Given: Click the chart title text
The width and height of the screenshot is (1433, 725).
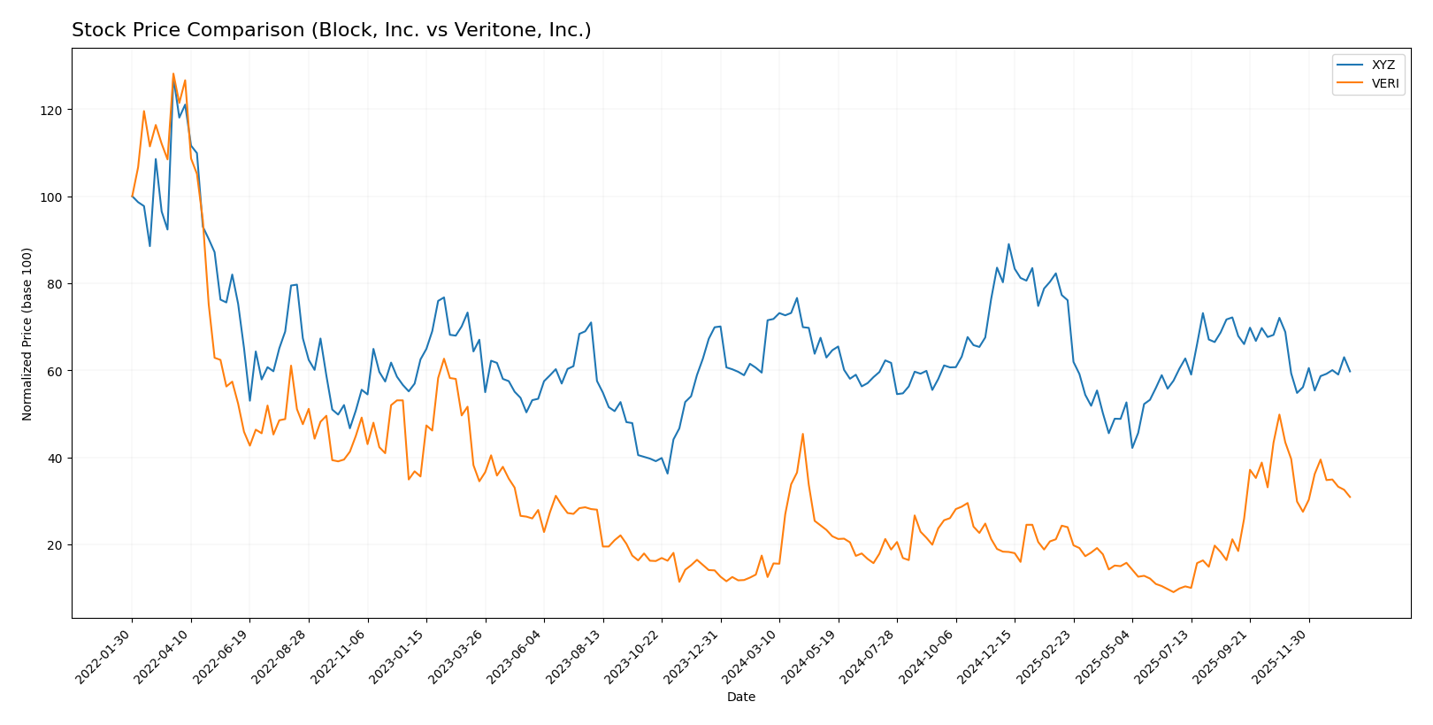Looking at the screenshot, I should [331, 31].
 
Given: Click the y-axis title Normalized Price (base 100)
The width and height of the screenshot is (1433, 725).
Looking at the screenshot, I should [27, 334].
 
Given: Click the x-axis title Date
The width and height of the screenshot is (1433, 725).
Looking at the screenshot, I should [740, 698].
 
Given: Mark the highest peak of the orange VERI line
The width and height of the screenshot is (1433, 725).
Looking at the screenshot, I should [173, 73].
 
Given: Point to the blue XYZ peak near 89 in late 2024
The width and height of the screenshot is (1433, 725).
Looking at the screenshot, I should [1008, 244].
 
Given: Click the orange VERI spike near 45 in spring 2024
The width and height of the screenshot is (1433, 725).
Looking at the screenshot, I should [802, 434].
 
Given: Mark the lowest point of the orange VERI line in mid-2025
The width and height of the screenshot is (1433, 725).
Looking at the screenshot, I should [1173, 592].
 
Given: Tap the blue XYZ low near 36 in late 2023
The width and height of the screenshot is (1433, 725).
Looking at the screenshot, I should [668, 474].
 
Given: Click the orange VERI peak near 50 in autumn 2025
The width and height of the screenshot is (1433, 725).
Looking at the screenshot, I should [1279, 414].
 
